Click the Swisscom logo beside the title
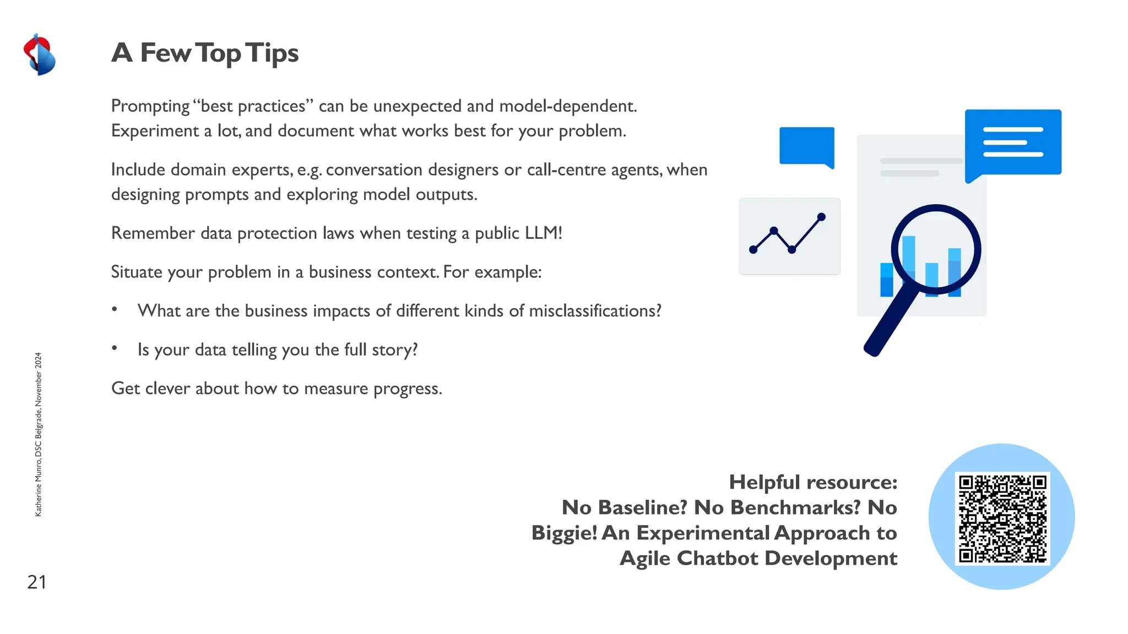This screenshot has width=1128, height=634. [x=39, y=54]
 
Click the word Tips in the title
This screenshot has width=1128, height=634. [x=272, y=53]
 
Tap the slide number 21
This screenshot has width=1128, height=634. [x=37, y=582]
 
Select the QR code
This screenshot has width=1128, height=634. [x=1002, y=518]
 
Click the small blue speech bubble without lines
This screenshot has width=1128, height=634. [x=806, y=145]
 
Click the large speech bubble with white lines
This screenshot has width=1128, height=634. [x=1013, y=143]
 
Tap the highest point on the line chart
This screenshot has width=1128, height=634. [x=821, y=217]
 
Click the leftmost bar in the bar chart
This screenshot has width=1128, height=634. [x=886, y=280]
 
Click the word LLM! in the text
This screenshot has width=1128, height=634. [x=543, y=233]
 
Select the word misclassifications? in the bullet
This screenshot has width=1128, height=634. [x=595, y=311]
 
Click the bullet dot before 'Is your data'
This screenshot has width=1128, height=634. [x=115, y=348]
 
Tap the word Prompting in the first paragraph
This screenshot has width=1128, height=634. [x=150, y=106]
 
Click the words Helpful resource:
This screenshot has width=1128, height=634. [x=813, y=482]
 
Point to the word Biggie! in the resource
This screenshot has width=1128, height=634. [x=564, y=533]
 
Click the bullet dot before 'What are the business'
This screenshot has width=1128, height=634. [x=115, y=309]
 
